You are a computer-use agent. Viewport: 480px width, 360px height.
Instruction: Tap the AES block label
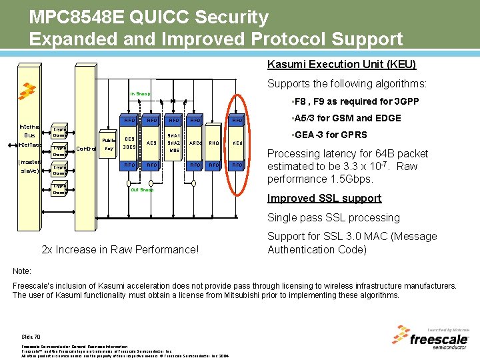(x=151, y=143)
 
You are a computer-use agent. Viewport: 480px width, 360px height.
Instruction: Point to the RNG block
(x=214, y=143)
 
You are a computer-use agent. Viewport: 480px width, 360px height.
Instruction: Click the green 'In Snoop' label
(x=140, y=94)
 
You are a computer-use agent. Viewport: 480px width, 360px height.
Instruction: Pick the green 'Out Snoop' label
(x=142, y=190)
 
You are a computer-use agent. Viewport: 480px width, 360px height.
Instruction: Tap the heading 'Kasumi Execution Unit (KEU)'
(x=341, y=65)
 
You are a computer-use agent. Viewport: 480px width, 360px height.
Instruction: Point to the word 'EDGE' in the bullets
(x=388, y=118)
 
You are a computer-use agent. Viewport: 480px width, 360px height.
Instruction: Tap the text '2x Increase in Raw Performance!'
(x=120, y=249)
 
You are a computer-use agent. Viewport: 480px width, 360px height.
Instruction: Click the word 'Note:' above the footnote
(x=23, y=271)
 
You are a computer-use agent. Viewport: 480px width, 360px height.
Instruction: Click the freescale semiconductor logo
(x=438, y=339)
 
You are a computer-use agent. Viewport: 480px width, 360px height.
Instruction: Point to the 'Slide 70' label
(x=31, y=337)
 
